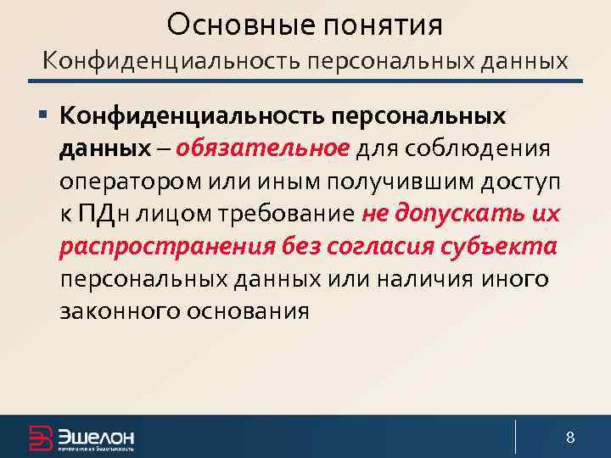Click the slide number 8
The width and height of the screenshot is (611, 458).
tap(570, 438)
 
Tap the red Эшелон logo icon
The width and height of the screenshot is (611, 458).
tap(40, 438)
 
